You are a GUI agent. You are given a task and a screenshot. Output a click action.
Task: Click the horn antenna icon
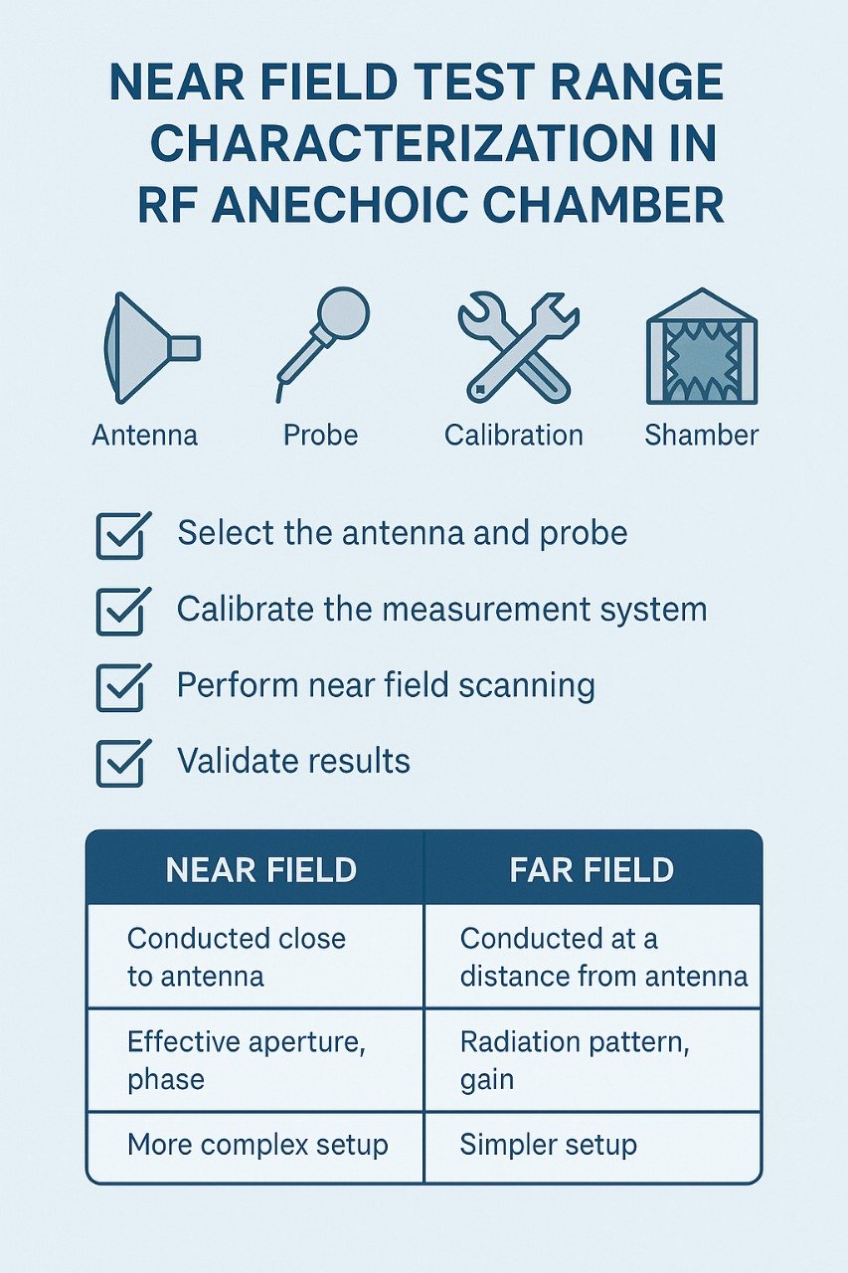[149, 347]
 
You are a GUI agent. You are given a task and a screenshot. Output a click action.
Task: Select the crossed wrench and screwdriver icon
[517, 345]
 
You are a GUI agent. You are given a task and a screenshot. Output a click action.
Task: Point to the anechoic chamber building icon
[701, 347]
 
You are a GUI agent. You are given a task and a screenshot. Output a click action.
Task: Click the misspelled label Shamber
[701, 435]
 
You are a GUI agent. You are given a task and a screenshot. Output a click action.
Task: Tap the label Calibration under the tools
[513, 435]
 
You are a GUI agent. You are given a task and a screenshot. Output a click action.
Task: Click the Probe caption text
[320, 435]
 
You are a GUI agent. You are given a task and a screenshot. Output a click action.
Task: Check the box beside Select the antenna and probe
[121, 535]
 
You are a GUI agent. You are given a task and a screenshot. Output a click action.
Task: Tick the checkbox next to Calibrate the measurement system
[121, 611]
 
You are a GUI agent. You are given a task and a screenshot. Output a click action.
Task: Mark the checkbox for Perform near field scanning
[121, 687]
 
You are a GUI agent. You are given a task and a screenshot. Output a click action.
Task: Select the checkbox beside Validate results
[121, 763]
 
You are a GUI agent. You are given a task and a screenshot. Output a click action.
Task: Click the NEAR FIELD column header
[260, 870]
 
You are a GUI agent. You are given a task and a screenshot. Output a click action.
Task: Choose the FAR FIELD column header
[592, 870]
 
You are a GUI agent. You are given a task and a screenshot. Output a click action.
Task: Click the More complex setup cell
[257, 1145]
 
